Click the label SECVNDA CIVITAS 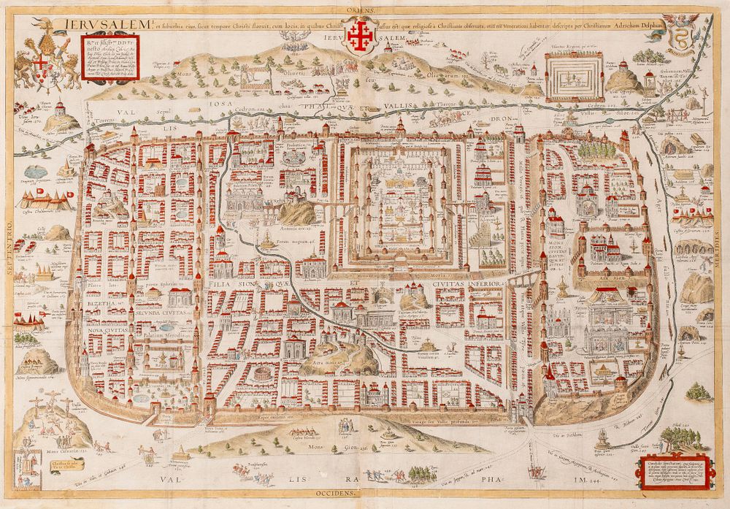(x=158, y=311)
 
